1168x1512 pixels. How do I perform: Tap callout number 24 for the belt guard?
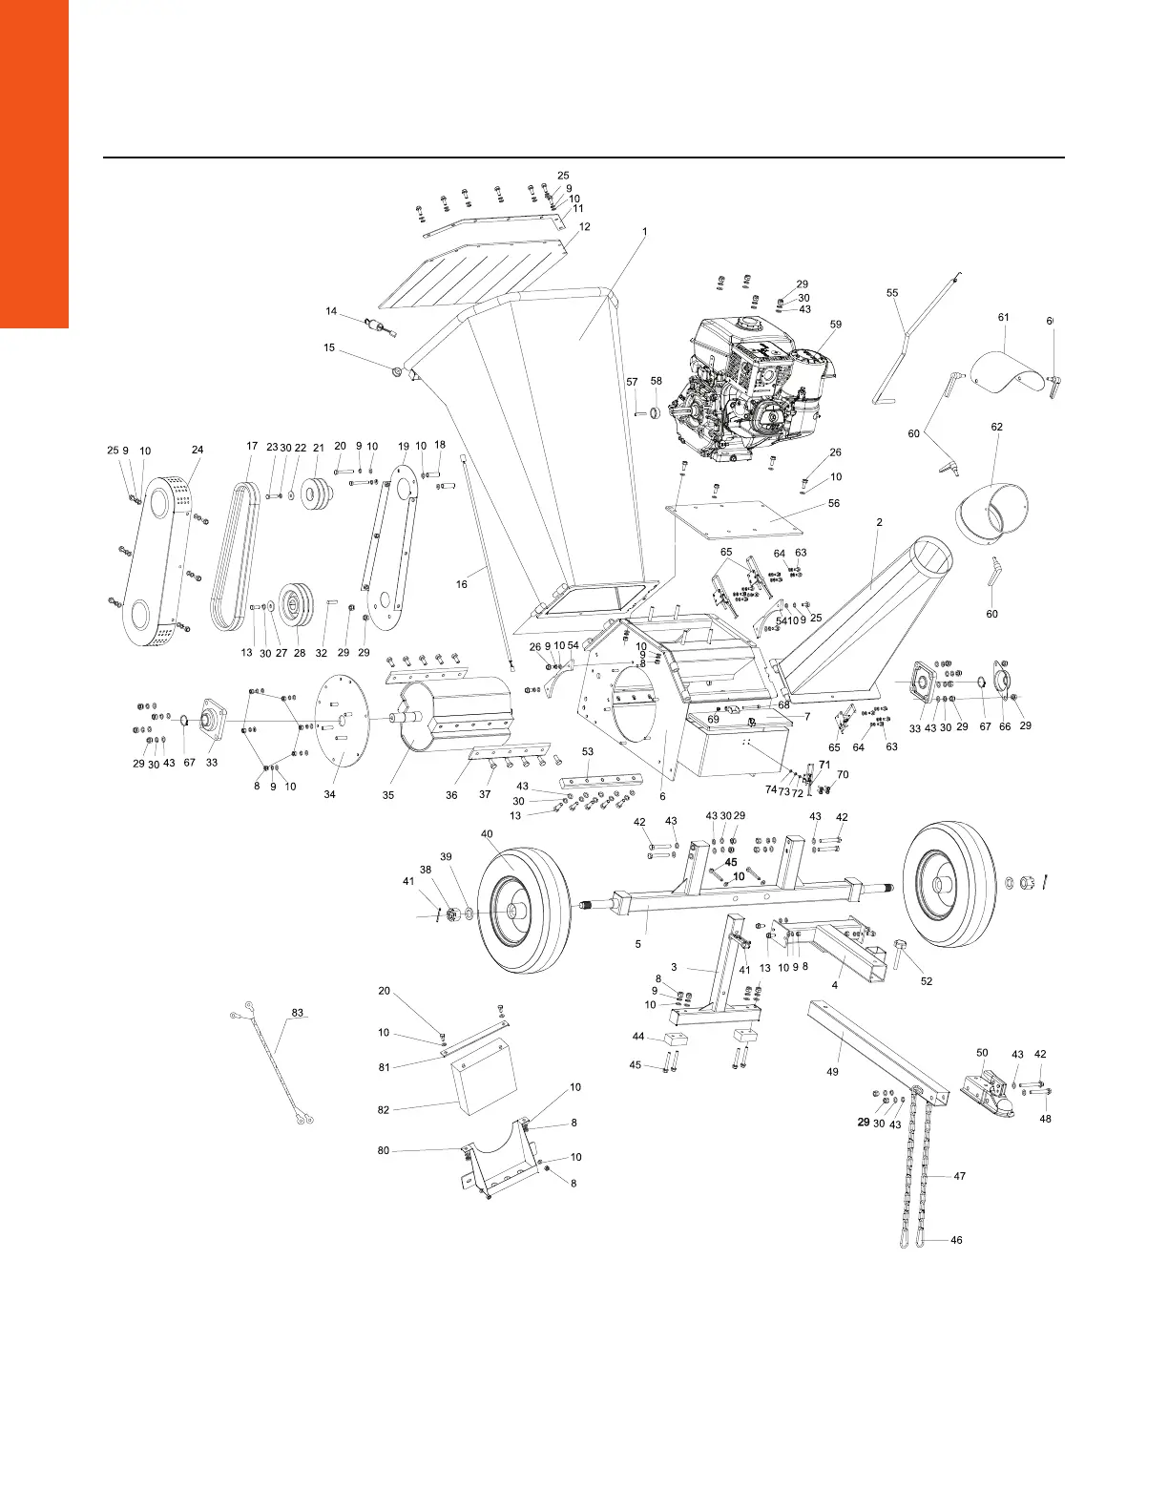click(x=198, y=449)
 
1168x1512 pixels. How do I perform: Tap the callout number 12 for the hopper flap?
click(x=584, y=227)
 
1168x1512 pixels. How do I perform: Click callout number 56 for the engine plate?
click(x=834, y=503)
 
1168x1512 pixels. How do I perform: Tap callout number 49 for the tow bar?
click(x=832, y=1072)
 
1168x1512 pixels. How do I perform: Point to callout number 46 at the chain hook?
click(x=956, y=1240)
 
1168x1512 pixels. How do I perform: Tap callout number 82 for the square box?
click(x=385, y=1110)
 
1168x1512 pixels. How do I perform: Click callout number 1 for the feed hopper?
click(x=644, y=232)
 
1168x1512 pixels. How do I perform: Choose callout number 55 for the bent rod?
click(x=892, y=293)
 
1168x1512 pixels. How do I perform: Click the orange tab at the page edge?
click(x=34, y=162)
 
